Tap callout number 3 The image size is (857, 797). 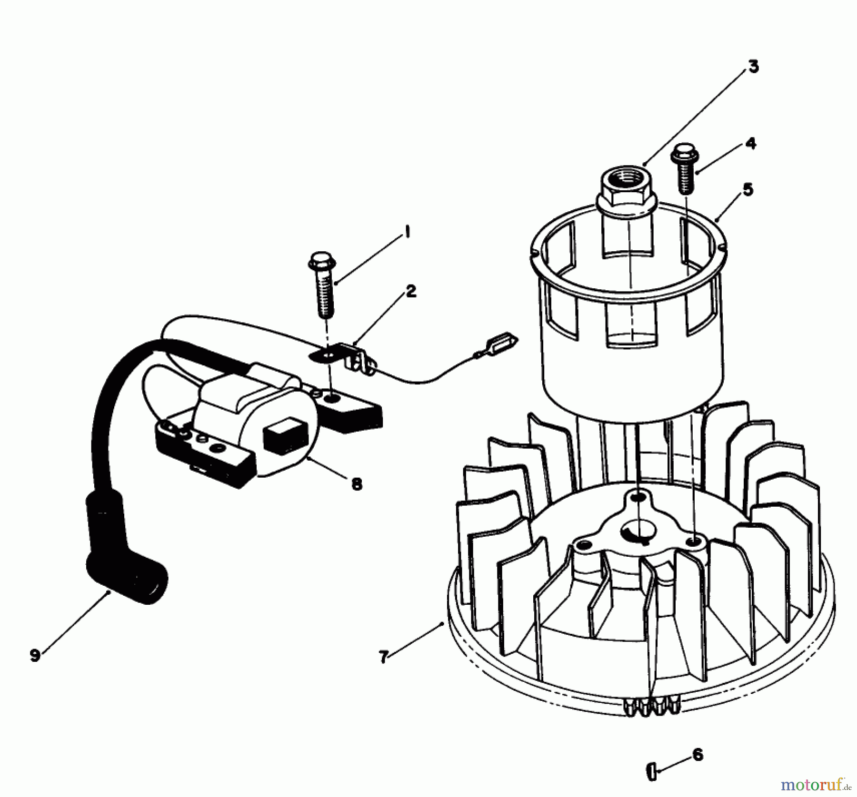pyautogui.click(x=753, y=68)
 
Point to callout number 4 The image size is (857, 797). pyautogui.click(x=750, y=143)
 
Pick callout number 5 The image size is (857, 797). pyautogui.click(x=748, y=189)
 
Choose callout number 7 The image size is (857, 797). pyautogui.click(x=383, y=657)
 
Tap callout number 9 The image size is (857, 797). pyautogui.click(x=34, y=655)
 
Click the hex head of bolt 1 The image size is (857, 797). pyautogui.click(x=323, y=261)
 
